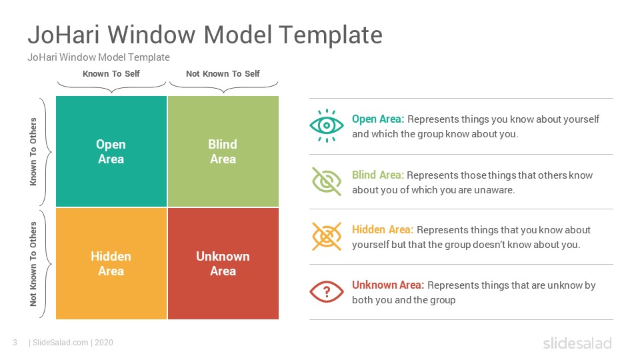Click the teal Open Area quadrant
pyautogui.click(x=111, y=151)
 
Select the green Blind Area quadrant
pyautogui.click(x=223, y=151)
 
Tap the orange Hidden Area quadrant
pyautogui.click(x=111, y=264)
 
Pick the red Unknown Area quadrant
pyautogui.click(x=223, y=264)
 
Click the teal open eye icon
pyautogui.click(x=327, y=126)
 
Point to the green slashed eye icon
pyautogui.click(x=327, y=181)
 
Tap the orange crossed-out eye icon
pyautogui.click(x=327, y=236)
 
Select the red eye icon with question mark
pyautogui.click(x=327, y=292)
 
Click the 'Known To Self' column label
pyautogui.click(x=111, y=74)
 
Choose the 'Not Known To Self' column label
pyautogui.click(x=223, y=74)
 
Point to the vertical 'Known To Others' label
pyautogui.click(x=33, y=151)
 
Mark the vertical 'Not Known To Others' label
pyautogui.click(x=33, y=264)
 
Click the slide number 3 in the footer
pyautogui.click(x=15, y=343)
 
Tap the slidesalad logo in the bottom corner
pyautogui.click(x=577, y=343)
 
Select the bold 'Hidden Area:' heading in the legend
pyautogui.click(x=383, y=230)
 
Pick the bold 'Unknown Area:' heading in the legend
pyautogui.click(x=388, y=285)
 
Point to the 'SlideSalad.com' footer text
pyautogui.click(x=61, y=343)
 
